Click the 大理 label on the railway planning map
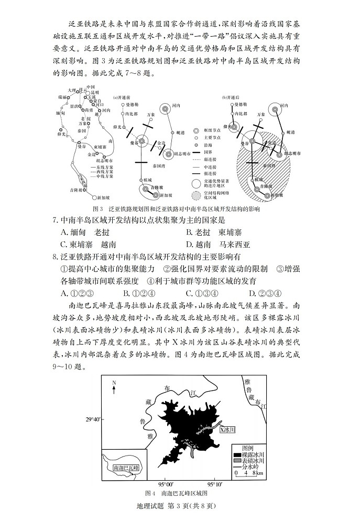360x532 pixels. (x=72, y=90)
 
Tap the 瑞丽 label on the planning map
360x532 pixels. (x=62, y=97)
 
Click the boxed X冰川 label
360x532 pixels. (x=227, y=430)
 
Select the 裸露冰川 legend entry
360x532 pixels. (x=253, y=454)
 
